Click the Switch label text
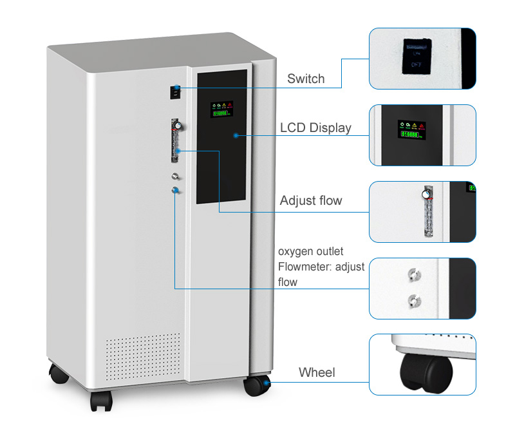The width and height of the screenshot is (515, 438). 306,79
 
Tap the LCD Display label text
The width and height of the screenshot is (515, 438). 315,128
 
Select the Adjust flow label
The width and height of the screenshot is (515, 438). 311,201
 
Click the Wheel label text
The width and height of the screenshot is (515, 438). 317,372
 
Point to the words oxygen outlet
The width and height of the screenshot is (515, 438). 310,251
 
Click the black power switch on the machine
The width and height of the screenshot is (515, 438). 174,92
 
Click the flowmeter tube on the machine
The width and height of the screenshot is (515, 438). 174,140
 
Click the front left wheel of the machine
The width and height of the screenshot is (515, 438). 101,400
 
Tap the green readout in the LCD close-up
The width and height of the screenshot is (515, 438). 407,135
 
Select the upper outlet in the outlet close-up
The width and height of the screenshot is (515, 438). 413,276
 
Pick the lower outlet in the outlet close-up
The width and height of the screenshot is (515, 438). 413,299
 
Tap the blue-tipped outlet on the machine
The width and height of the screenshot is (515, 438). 174,189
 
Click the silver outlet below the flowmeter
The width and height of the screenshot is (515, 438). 174,176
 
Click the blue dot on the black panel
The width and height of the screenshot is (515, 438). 236,135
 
